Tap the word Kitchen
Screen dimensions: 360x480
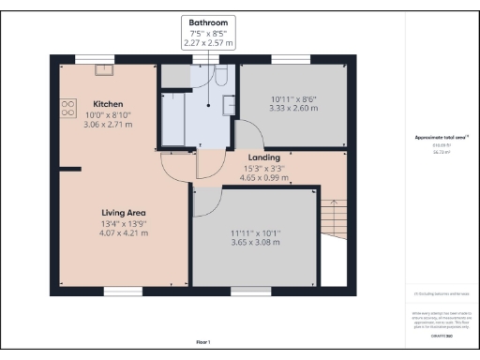pyautogui.click(x=109, y=103)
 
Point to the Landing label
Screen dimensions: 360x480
pyautogui.click(x=264, y=158)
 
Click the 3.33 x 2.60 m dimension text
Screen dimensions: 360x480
pyautogui.click(x=294, y=109)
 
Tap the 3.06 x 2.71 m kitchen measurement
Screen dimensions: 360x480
pyautogui.click(x=109, y=124)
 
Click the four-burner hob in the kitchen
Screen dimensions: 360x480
pyautogui.click(x=68, y=109)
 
